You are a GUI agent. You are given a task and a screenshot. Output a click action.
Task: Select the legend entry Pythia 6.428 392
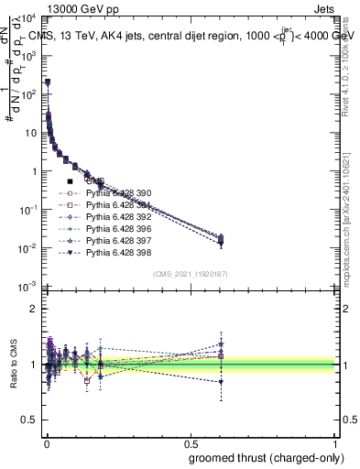point(116,216)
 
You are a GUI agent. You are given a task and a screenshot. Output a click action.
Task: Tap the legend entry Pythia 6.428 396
point(116,228)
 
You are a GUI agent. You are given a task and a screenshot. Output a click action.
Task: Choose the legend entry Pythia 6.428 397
point(116,239)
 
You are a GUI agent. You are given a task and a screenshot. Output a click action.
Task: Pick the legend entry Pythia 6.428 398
point(116,251)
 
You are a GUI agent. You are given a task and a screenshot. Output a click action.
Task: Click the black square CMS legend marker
point(71,182)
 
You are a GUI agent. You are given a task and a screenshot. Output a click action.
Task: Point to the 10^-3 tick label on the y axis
point(27,288)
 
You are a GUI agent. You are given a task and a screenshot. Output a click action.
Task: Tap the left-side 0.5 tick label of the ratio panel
point(31,421)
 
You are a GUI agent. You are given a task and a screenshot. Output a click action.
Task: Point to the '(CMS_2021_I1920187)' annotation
point(189,274)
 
